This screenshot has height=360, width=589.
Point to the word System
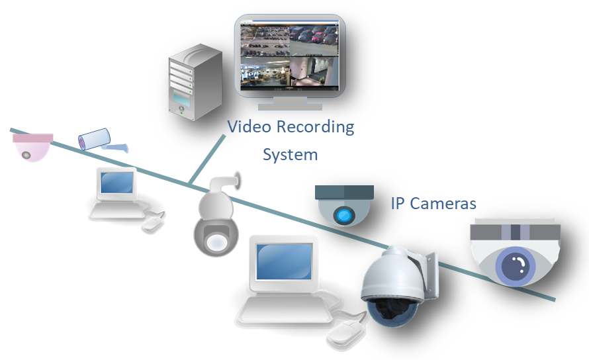(290, 155)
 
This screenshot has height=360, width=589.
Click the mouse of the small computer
(153, 223)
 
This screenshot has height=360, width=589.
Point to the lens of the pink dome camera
(26, 155)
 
